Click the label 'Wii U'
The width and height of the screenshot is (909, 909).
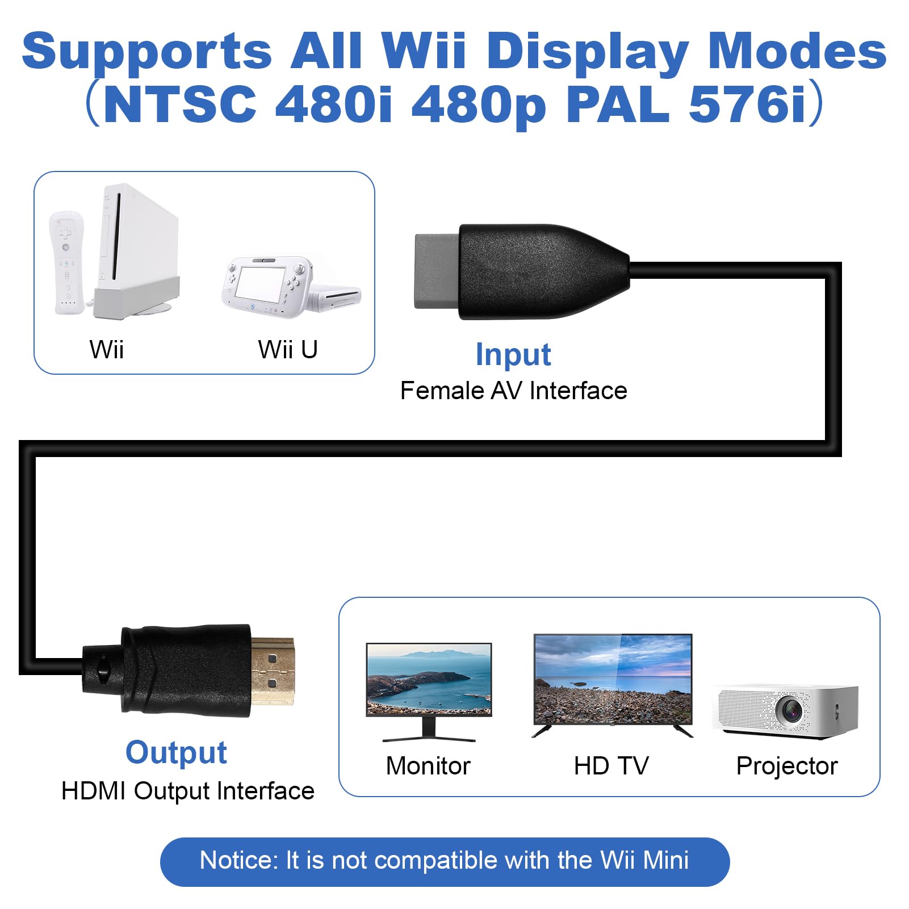click(288, 349)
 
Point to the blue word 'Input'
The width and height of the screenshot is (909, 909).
click(513, 355)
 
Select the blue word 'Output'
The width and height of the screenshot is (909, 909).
click(176, 753)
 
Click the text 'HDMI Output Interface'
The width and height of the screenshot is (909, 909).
click(187, 791)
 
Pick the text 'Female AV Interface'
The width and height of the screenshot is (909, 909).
click(513, 391)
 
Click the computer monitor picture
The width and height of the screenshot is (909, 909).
click(429, 681)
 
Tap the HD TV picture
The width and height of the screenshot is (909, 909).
click(613, 680)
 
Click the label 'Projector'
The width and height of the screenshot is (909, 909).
click(787, 766)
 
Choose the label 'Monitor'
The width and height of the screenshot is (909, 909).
click(428, 766)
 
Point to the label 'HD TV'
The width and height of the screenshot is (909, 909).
click(611, 766)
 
